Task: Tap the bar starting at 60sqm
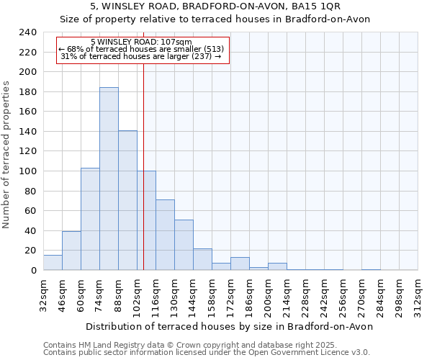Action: point(90,219)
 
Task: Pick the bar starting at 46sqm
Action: point(71,251)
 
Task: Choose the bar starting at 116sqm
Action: point(165,235)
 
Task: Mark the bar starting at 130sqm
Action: point(184,245)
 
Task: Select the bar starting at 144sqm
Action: point(202,259)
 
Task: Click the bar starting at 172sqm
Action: point(240,264)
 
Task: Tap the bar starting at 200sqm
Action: point(277,266)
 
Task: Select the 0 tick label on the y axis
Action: point(33,271)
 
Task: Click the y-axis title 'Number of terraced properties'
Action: point(6,155)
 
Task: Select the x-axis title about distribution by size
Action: point(229,326)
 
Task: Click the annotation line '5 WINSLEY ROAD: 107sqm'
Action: point(142,42)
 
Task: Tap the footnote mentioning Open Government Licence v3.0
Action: point(206,352)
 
